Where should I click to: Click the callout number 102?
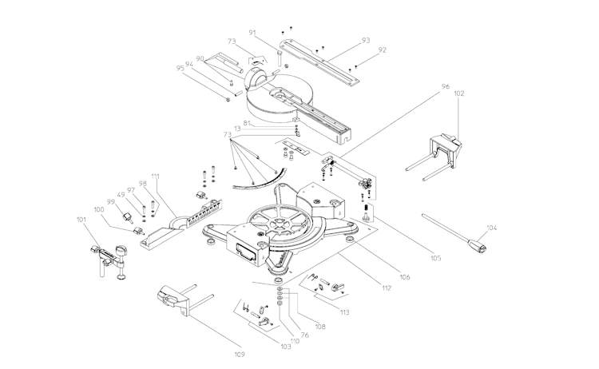point(458,93)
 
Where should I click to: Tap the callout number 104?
point(492,228)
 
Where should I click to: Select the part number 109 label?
point(240,355)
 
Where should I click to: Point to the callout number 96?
point(446,87)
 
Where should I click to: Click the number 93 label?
point(366,41)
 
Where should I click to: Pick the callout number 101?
point(81,220)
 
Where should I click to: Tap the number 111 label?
point(155,177)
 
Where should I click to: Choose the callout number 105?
point(435,258)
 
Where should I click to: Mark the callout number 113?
point(344,312)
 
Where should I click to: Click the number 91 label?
point(252,33)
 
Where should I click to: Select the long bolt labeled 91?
point(280,60)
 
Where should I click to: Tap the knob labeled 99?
point(127,217)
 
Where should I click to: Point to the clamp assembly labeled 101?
point(109,260)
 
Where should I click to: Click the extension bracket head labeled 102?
point(446,150)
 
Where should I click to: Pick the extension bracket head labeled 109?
point(173,300)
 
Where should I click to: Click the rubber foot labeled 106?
point(350,239)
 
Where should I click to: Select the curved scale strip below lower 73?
point(260,181)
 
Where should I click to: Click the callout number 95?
point(180,69)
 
